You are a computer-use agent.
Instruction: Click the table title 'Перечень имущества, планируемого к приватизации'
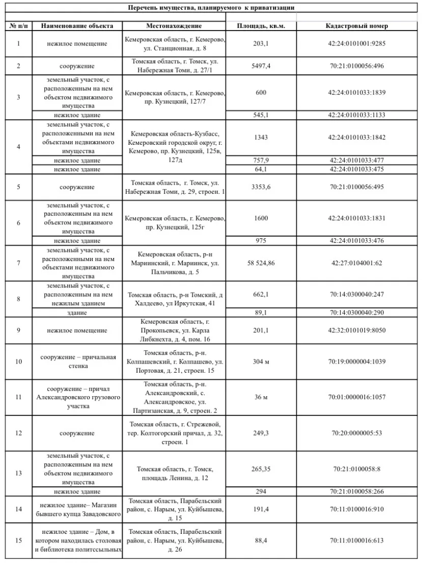pyautogui.click(x=211, y=8)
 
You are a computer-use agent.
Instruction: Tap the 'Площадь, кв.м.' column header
pyautogui.click(x=261, y=26)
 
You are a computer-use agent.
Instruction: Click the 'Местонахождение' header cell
pyautogui.click(x=174, y=26)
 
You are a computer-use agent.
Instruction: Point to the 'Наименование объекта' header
pyautogui.click(x=77, y=26)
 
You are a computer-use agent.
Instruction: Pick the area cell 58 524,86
pyautogui.click(x=261, y=263)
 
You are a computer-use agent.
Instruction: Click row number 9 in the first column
pyautogui.click(x=19, y=330)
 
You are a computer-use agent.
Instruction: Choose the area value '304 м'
pyautogui.click(x=261, y=362)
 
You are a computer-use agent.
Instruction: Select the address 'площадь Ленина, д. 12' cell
pyautogui.click(x=174, y=473)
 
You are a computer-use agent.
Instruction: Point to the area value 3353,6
pyautogui.click(x=261, y=187)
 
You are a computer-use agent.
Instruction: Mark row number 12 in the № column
pyautogui.click(x=19, y=433)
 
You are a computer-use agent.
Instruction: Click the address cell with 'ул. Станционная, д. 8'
pyautogui.click(x=174, y=44)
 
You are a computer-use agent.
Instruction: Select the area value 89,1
pyautogui.click(x=261, y=313)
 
